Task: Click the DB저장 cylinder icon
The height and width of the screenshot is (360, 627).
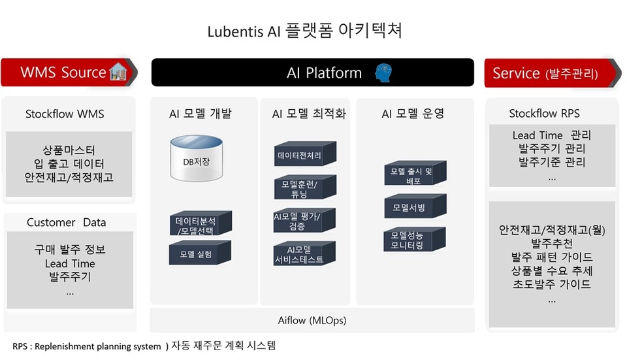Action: click(x=197, y=158)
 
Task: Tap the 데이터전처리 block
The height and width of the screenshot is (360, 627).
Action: click(x=305, y=154)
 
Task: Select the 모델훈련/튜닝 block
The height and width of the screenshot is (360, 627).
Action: click(x=305, y=188)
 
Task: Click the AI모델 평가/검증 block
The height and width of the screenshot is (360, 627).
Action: click(x=304, y=220)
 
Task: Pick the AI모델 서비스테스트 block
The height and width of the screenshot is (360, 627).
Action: click(x=304, y=254)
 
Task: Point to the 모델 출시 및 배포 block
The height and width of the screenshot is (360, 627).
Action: click(x=415, y=172)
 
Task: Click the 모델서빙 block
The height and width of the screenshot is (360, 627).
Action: click(x=415, y=206)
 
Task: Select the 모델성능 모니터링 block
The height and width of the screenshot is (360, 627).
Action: click(x=414, y=239)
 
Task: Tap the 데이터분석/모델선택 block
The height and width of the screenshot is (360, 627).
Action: click(x=201, y=223)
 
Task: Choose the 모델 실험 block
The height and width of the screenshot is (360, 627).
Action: click(x=200, y=252)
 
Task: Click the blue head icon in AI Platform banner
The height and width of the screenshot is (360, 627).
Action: click(x=383, y=73)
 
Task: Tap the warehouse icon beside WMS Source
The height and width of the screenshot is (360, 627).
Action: click(x=118, y=72)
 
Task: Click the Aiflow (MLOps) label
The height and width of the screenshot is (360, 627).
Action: click(x=312, y=320)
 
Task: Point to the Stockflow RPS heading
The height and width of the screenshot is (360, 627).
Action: click(x=544, y=114)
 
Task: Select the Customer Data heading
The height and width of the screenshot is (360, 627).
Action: click(x=67, y=222)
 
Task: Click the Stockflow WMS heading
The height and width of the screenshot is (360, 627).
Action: click(x=65, y=114)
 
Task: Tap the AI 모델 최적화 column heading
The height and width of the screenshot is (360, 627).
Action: click(x=309, y=114)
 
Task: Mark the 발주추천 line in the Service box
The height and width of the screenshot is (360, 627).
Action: click(x=552, y=243)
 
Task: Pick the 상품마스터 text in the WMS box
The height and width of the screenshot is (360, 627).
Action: click(x=69, y=150)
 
